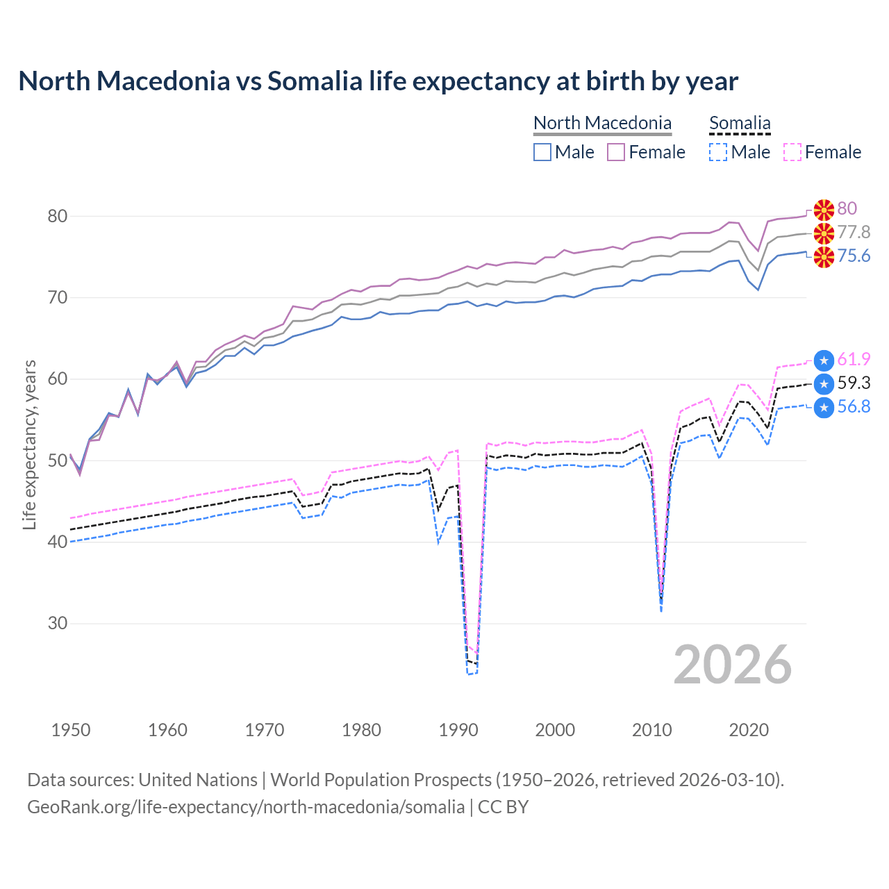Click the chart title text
point(378,81)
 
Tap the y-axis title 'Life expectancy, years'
point(29,444)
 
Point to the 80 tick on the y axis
point(58,217)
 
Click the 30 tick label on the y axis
point(58,624)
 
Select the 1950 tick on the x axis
point(71,730)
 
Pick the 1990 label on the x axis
point(458,730)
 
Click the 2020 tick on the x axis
point(749,730)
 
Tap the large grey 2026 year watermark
point(732,665)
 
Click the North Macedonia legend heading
point(602,123)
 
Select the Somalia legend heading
point(740,123)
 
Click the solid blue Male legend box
point(542,152)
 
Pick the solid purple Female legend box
point(616,152)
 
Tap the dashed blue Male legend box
point(718,152)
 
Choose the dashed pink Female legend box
point(792,152)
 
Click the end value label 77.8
point(854,232)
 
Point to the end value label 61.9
point(854,359)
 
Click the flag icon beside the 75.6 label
point(824,256)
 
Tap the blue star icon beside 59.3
point(824,383)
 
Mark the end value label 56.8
point(854,407)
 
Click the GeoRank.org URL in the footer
point(246,807)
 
